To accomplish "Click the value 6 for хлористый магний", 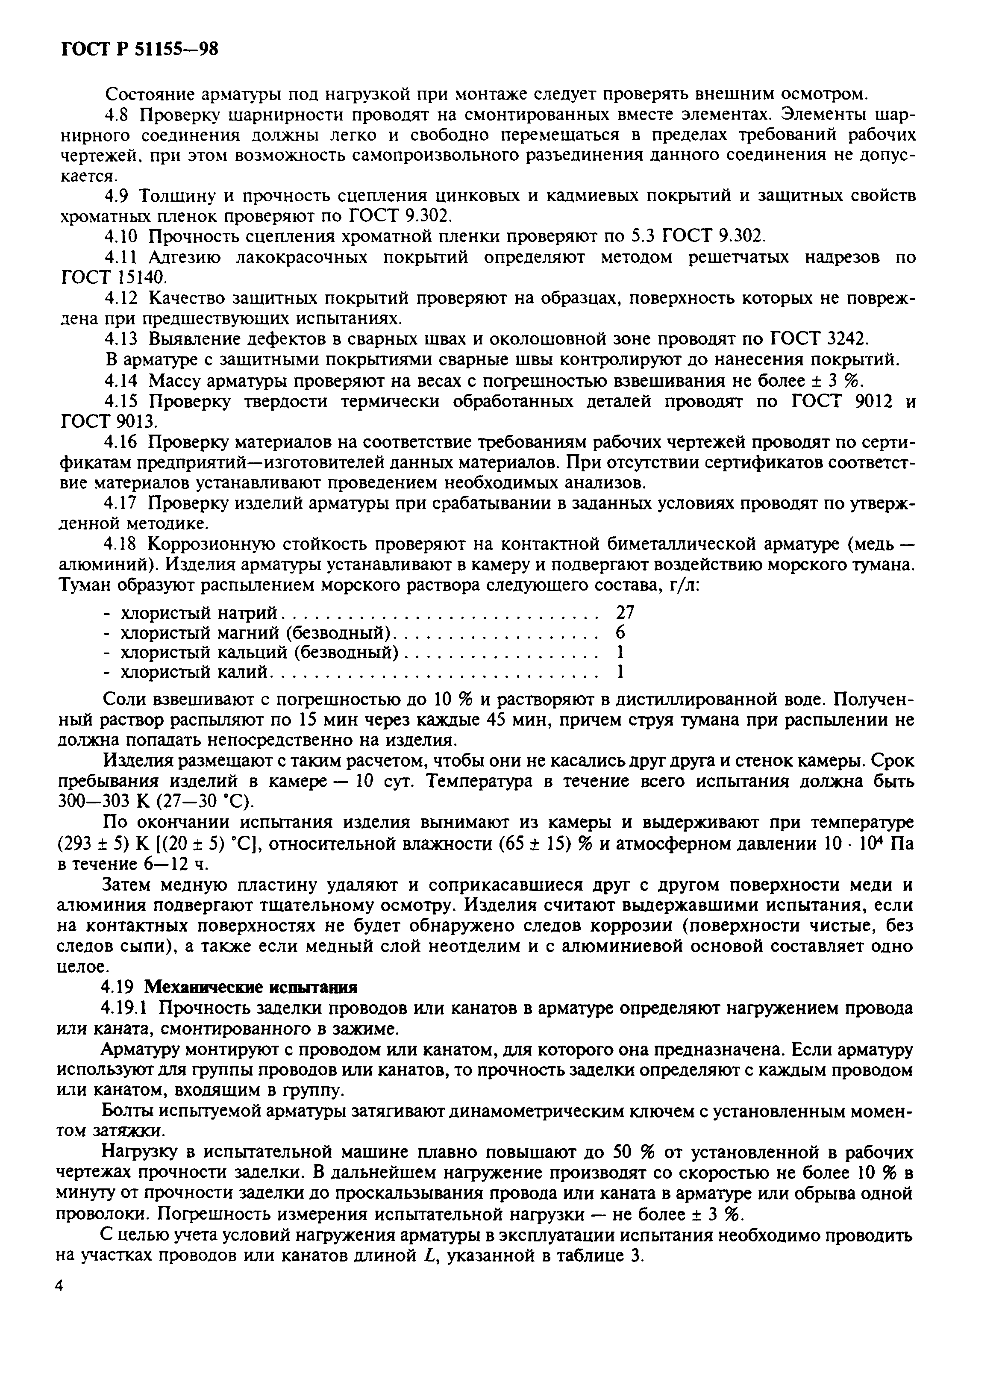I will point(620,632).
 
